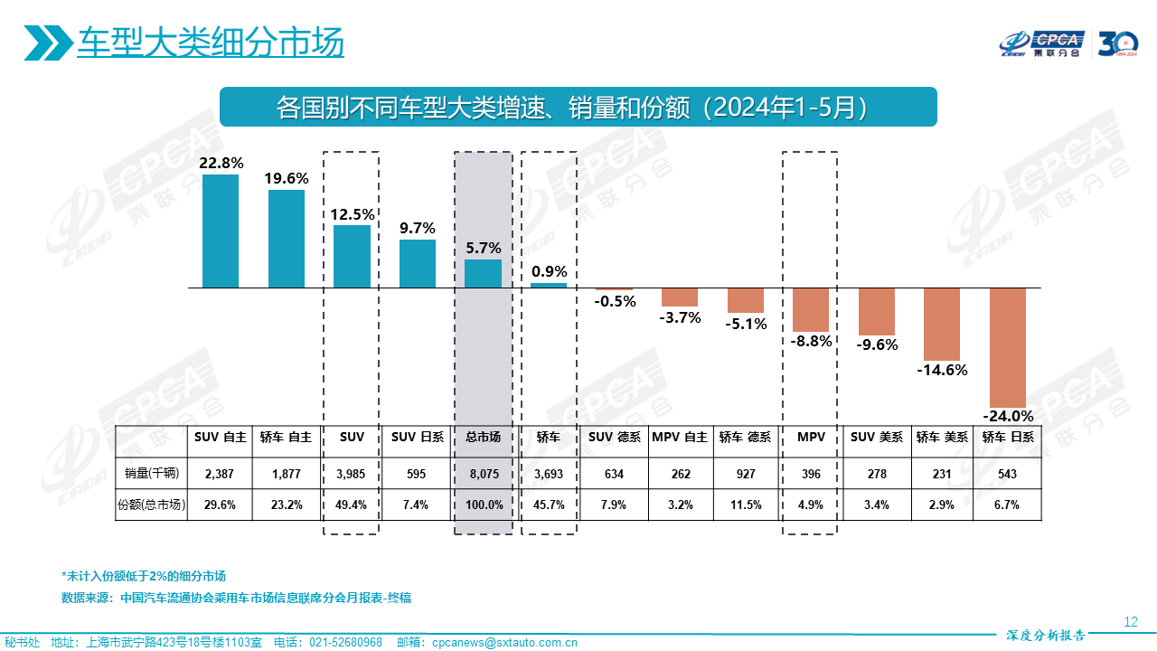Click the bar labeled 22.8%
pyautogui.click(x=221, y=231)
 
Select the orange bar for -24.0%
pyautogui.click(x=1008, y=347)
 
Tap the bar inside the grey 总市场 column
pyautogui.click(x=483, y=274)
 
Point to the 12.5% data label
pyautogui.click(x=353, y=214)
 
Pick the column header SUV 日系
pyautogui.click(x=418, y=437)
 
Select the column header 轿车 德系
pyautogui.click(x=745, y=437)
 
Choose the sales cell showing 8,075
pyautogui.click(x=483, y=472)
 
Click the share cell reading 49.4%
pyautogui.click(x=351, y=505)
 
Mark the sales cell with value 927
pyautogui.click(x=745, y=472)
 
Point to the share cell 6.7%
pyautogui.click(x=1007, y=505)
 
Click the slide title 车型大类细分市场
pyautogui.click(x=211, y=42)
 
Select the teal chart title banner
pyautogui.click(x=578, y=107)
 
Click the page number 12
pyautogui.click(x=1130, y=621)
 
